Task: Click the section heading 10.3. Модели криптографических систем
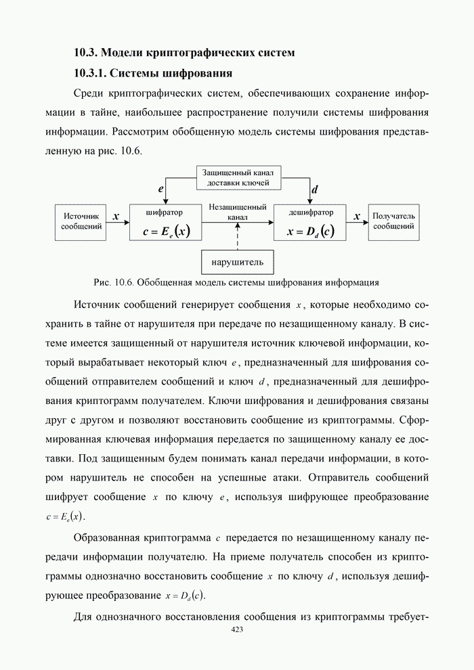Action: (x=184, y=52)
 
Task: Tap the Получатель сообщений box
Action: (x=393, y=221)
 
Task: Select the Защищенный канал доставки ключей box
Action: (x=239, y=178)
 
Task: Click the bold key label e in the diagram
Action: (x=160, y=190)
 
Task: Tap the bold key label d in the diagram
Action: (x=315, y=190)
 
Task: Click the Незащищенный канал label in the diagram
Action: (x=238, y=212)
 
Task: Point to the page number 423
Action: (x=237, y=629)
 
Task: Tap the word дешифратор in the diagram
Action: (x=310, y=212)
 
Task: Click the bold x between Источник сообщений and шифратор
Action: (x=116, y=217)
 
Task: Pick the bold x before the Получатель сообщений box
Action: (x=356, y=217)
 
